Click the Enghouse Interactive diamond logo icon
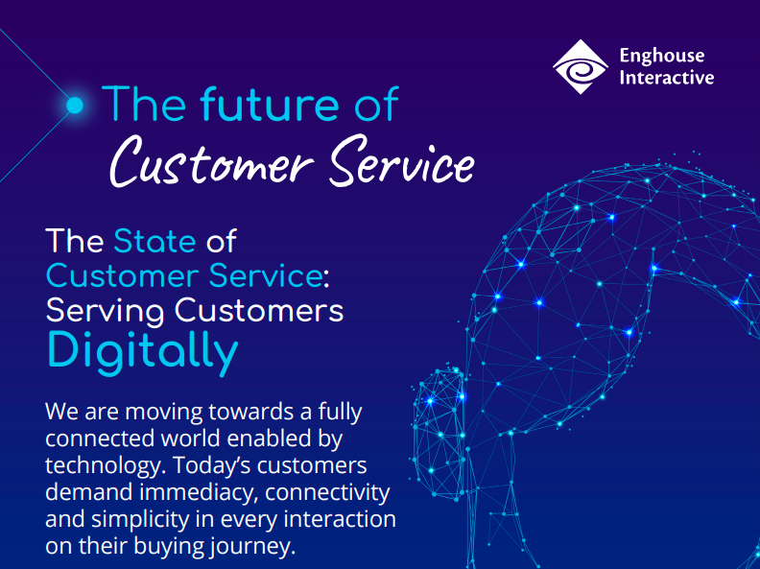pos(581,67)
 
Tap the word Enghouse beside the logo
pos(661,57)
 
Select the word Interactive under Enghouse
pos(667,78)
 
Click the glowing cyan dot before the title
pos(75,106)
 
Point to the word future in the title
pos(269,104)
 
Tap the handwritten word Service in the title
pos(402,161)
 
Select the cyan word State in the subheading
pos(154,241)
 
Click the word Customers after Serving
pos(259,310)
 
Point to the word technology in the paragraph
pos(103,465)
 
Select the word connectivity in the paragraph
pos(327,492)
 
